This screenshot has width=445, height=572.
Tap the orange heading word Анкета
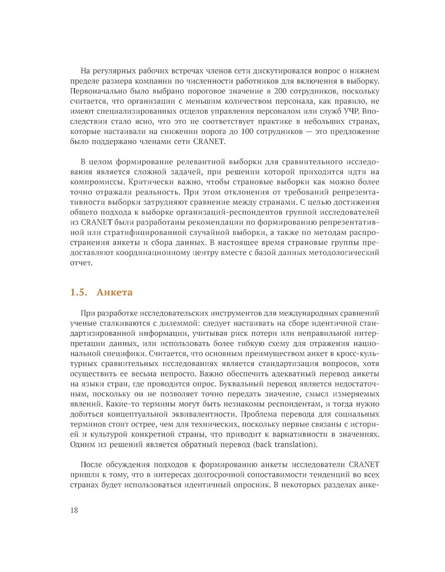coord(114,292)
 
